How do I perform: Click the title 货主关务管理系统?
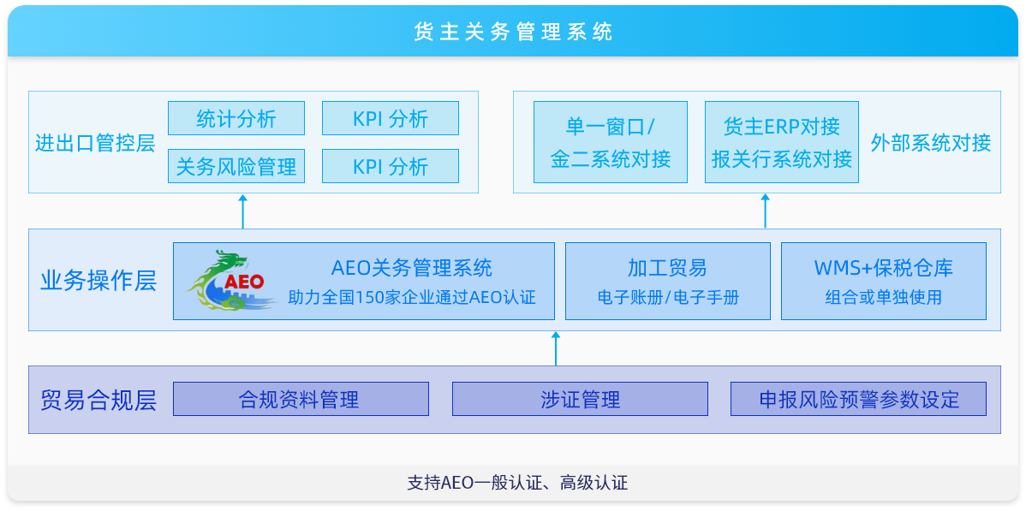point(513,32)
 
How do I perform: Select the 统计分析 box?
point(236,118)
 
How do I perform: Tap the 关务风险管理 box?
point(236,166)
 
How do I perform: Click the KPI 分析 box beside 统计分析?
point(391,118)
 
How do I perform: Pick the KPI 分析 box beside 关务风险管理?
point(391,166)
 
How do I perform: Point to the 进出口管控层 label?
point(95,143)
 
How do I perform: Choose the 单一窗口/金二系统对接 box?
point(611,142)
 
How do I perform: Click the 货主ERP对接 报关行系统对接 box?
point(782,142)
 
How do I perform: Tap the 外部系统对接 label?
point(930,143)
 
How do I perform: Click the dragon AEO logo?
point(226,280)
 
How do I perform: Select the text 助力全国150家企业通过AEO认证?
point(412,298)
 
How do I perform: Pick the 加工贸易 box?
point(668,282)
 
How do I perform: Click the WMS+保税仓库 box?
point(884,282)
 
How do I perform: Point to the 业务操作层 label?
point(98,281)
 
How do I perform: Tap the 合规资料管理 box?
point(301,399)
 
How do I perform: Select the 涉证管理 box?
point(581,399)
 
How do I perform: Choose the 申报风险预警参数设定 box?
point(858,399)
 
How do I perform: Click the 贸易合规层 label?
point(98,400)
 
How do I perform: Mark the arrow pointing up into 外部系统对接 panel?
point(766,211)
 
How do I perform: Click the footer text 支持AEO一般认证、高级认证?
point(517,484)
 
